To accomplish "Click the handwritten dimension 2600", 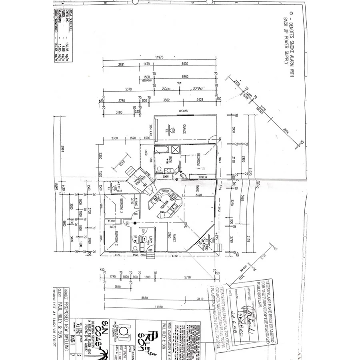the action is (166, 89).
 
